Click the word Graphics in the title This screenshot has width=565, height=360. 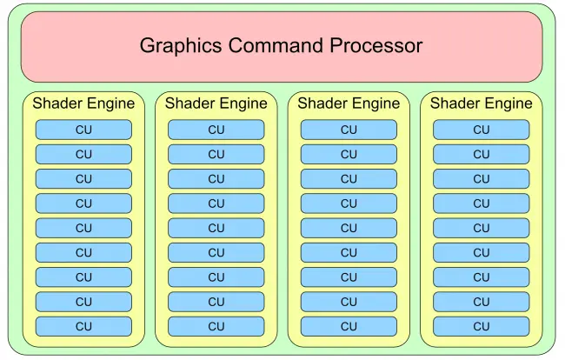tap(181, 46)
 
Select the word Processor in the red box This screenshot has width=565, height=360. tap(376, 45)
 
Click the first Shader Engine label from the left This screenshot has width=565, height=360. tap(83, 103)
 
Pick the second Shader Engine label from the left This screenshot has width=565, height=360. tap(216, 103)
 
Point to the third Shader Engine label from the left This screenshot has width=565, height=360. tap(349, 103)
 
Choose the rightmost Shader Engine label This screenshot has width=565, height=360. tap(482, 103)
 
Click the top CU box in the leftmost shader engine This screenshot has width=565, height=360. tap(83, 130)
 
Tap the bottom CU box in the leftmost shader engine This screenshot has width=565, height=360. tap(83, 326)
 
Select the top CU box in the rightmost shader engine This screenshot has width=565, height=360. tap(482, 130)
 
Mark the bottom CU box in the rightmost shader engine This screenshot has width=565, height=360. tap(482, 326)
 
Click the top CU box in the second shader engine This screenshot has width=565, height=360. tap(216, 130)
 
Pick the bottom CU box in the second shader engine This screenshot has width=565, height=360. tap(216, 326)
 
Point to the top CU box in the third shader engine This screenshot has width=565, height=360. tap(349, 130)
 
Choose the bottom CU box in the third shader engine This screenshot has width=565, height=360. tap(349, 326)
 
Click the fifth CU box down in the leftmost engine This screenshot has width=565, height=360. tap(83, 228)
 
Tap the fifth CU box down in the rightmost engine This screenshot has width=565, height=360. tap(482, 228)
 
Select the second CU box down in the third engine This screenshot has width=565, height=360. tap(349, 154)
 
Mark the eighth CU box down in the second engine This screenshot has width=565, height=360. tap(216, 302)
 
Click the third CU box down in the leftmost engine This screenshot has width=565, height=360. tap(83, 179)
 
